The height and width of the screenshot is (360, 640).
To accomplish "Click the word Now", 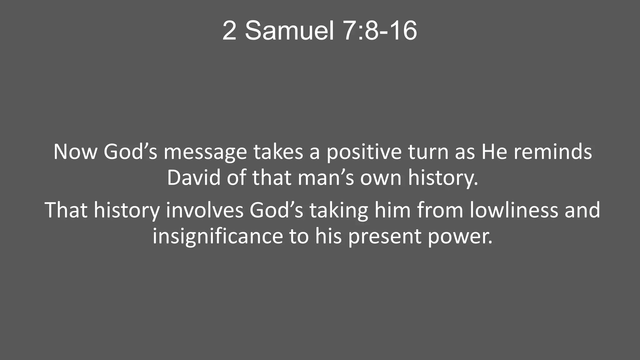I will coord(75,152).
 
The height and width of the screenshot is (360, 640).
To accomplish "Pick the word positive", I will coord(364,152).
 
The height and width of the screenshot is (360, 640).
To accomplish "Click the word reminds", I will coord(553,152).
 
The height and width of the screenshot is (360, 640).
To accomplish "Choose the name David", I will coord(194,178).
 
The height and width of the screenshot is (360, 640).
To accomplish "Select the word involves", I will coord(204,210).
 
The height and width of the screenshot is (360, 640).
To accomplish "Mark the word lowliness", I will coord(514,210).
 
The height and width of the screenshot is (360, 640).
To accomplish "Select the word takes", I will coord(278,152).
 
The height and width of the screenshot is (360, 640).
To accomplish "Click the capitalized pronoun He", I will coord(494,152).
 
